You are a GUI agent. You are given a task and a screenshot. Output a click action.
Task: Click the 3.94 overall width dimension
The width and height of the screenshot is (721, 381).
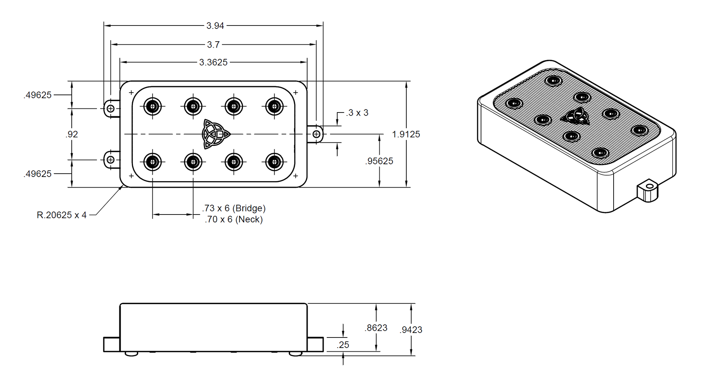coord(215,25)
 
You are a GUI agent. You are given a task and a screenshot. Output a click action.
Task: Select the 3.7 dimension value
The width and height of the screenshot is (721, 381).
coord(213,45)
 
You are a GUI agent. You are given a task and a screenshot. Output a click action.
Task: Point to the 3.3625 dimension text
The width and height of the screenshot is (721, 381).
coord(213,62)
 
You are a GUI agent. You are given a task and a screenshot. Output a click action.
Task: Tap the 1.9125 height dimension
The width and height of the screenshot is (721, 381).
coord(406,134)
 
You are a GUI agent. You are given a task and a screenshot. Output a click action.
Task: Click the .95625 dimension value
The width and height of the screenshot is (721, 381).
coord(379,161)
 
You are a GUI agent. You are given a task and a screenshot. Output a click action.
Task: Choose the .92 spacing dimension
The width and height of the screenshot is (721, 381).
coord(72,134)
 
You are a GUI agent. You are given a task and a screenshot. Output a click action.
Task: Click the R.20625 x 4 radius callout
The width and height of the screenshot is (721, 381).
coord(62,215)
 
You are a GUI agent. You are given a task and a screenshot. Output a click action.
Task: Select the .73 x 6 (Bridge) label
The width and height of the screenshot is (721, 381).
coord(234,208)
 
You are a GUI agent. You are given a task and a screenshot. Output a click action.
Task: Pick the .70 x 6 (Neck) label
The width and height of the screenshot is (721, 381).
coord(234,219)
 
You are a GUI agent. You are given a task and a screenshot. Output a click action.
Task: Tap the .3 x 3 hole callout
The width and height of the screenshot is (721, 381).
coord(357,112)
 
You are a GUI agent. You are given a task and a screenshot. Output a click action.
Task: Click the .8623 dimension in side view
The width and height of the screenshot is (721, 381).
coord(376,328)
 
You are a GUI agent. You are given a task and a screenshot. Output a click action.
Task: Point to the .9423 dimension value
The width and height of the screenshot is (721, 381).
coord(411,330)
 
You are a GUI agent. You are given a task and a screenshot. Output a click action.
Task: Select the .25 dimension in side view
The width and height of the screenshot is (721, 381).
coord(343,345)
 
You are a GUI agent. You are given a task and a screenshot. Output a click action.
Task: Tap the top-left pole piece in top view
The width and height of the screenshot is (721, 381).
coord(152,106)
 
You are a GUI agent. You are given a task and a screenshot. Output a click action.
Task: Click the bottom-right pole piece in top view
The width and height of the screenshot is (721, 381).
coord(274,162)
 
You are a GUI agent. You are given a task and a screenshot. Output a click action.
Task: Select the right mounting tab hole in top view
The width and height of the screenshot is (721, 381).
coord(317,134)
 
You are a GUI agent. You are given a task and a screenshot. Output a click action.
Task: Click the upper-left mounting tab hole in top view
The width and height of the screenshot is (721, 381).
coord(110,109)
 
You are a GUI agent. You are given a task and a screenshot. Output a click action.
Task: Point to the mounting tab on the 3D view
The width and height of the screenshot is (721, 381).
coord(648,192)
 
